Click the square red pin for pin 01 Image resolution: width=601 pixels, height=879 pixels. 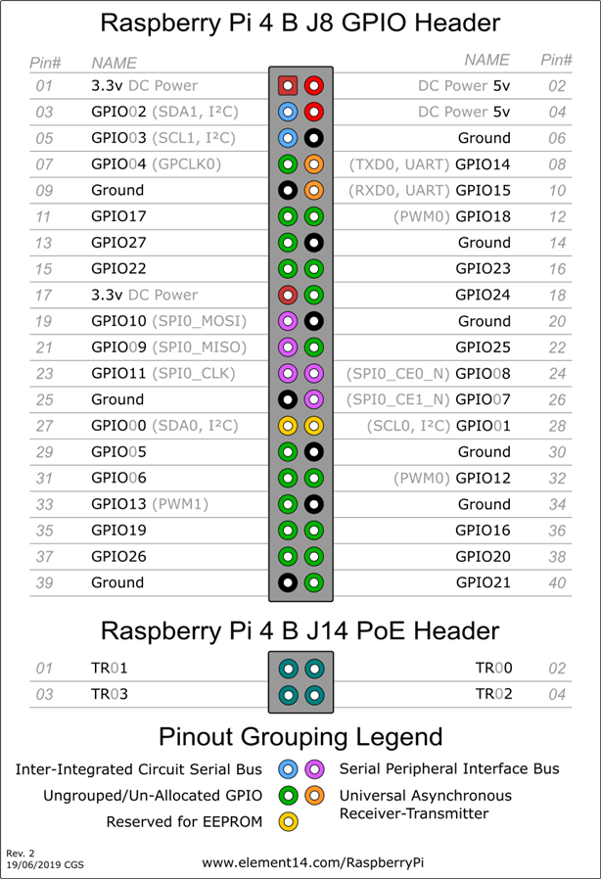tap(288, 85)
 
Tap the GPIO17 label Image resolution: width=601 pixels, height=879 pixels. tap(118, 215)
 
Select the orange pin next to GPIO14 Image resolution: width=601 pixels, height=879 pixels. tap(314, 163)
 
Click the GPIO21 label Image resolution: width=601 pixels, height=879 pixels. tap(483, 581)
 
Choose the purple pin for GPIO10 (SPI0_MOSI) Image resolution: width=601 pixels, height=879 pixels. tap(288, 320)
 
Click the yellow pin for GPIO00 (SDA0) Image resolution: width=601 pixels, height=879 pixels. tap(288, 425)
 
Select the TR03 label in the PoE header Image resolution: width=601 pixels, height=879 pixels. tap(110, 694)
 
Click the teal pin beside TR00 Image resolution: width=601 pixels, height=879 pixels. tap(314, 669)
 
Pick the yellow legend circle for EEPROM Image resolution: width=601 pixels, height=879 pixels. tap(288, 821)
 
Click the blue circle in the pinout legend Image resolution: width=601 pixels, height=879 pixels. tap(288, 769)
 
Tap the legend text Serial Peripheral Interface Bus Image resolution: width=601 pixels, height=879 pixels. tap(449, 769)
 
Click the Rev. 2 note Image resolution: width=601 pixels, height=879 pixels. tap(21, 854)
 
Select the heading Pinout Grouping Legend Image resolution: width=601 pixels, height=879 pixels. tap(300, 736)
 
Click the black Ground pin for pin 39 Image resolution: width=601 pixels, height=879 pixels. tap(288, 581)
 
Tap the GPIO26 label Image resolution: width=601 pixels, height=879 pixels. tap(118, 555)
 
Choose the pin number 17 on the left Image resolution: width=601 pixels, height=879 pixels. tap(43, 295)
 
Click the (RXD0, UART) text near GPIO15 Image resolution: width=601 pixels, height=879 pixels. tap(400, 190)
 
